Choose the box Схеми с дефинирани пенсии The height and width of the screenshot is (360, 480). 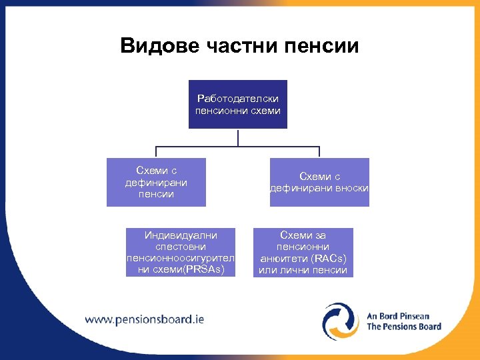[x=156, y=182]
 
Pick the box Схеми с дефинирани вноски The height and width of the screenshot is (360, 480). [x=319, y=182]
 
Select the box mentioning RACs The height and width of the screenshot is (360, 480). [x=303, y=253]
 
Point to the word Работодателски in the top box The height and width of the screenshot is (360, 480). [x=238, y=99]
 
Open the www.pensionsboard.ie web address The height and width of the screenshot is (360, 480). [x=144, y=319]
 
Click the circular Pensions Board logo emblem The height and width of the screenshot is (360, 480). [x=341, y=321]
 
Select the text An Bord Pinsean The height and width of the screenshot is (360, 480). [x=398, y=316]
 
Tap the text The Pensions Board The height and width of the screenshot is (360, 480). [x=404, y=327]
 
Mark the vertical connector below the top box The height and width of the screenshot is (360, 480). [x=238, y=137]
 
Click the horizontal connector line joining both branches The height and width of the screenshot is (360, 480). [x=200, y=147]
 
